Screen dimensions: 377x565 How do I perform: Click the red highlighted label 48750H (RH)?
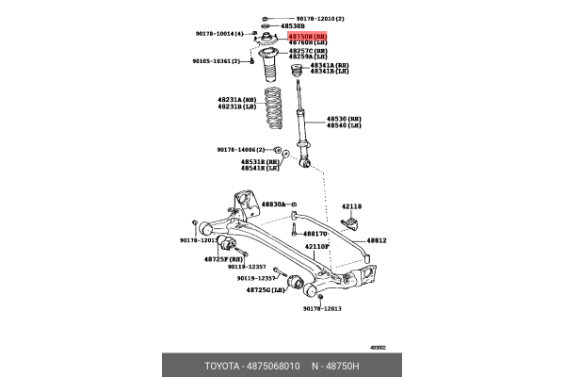point(308,34)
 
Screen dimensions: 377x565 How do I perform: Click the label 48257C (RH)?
point(308,50)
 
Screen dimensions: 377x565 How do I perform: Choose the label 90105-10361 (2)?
point(218,60)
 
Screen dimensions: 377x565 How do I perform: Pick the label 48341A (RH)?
point(331,65)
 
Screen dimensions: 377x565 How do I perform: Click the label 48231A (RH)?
point(236,99)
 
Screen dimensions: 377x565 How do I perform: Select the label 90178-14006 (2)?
point(240,148)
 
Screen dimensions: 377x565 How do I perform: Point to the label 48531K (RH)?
point(259,161)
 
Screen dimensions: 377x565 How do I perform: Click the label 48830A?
point(273,204)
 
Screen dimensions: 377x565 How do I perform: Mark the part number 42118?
point(351,205)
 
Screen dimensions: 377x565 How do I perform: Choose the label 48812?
point(377,240)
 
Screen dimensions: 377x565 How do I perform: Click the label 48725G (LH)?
point(266,290)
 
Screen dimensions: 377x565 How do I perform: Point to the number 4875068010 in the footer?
point(278,365)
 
